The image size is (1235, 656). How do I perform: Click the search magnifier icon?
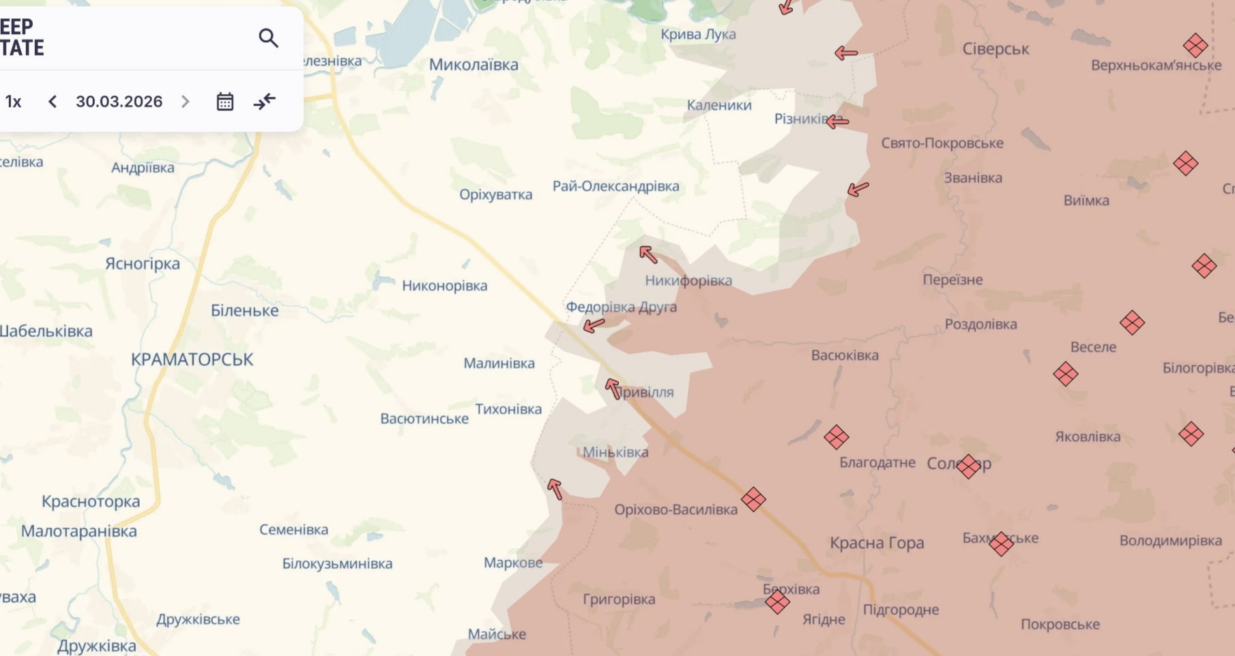[x=268, y=38]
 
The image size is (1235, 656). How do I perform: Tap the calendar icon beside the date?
[x=225, y=102]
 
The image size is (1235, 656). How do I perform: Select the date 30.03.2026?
[x=119, y=102]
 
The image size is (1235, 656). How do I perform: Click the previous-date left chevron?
[x=53, y=102]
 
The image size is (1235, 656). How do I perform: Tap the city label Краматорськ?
[x=192, y=359]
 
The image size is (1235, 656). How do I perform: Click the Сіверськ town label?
[x=996, y=49]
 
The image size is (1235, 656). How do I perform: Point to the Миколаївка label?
[x=474, y=65]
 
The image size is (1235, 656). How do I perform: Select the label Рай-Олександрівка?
[x=615, y=186]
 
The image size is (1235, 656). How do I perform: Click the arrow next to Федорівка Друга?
[x=594, y=325]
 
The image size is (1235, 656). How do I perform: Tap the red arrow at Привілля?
[x=613, y=389]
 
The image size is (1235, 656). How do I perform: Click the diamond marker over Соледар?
[x=968, y=466]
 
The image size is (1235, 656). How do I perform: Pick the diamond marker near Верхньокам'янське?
[x=1195, y=46]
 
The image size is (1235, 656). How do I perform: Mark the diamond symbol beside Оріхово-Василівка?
[x=753, y=499]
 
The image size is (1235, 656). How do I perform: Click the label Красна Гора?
[x=877, y=543]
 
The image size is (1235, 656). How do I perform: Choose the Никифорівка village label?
[x=688, y=280]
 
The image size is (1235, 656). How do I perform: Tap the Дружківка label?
[x=97, y=645]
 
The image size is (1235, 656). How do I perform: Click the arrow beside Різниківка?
[x=838, y=122]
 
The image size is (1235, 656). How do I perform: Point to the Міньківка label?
[x=615, y=452]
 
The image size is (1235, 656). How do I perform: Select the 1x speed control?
[x=14, y=102]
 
